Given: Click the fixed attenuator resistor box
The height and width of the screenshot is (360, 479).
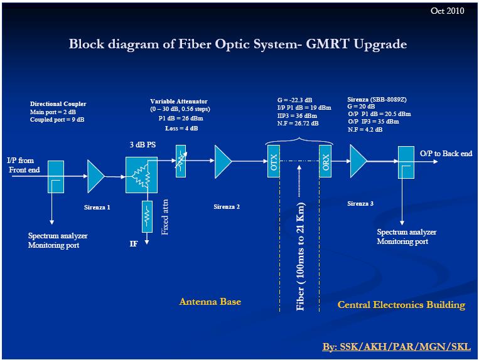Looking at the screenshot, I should pos(147,216).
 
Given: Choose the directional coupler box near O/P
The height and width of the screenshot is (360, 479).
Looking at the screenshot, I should pos(405,162).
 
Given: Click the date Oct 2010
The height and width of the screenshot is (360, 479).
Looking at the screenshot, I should pos(448,11).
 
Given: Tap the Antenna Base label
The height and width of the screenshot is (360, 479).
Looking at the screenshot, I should pos(210,302).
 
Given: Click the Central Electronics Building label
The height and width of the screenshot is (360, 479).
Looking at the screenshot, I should pos(401,305).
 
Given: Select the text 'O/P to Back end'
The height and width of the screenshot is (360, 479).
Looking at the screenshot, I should pos(446,154).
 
